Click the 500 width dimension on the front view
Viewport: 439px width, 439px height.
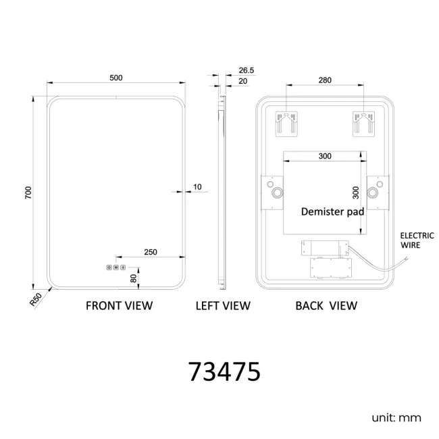coord(116,78)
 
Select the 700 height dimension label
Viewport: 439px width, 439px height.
coord(28,192)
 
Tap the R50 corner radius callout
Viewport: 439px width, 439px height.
coord(36,299)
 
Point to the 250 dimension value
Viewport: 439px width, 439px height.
coord(151,252)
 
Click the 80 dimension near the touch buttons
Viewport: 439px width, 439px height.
coord(134,278)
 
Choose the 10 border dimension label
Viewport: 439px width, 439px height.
coord(197,186)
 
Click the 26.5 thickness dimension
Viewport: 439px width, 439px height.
coord(247,70)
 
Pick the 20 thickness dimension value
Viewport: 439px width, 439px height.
coord(243,81)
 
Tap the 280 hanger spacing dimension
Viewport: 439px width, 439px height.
coord(325,80)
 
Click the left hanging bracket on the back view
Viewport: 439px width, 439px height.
coord(286,124)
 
